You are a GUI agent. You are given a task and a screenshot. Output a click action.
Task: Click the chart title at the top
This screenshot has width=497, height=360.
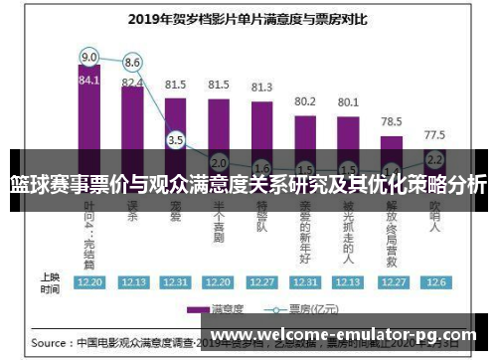pos(248,17)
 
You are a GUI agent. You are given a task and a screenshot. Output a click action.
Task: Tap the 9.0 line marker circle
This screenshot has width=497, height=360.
pos(89,56)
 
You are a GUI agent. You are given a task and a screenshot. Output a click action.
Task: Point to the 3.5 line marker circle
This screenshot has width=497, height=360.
pos(176,140)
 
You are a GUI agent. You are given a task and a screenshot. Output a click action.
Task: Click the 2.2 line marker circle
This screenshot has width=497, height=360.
pos(433,158)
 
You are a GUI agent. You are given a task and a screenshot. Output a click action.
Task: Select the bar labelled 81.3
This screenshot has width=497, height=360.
pos(262,124)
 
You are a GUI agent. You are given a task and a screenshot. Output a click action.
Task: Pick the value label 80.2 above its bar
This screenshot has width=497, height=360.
pos(305,101)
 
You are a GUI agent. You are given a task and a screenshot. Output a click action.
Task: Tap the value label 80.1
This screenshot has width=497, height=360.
pos(348,102)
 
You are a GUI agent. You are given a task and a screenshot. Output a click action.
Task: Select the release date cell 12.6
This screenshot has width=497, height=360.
pos(434,282)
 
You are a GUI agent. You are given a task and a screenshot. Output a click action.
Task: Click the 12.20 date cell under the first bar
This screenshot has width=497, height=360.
pos(89,282)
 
